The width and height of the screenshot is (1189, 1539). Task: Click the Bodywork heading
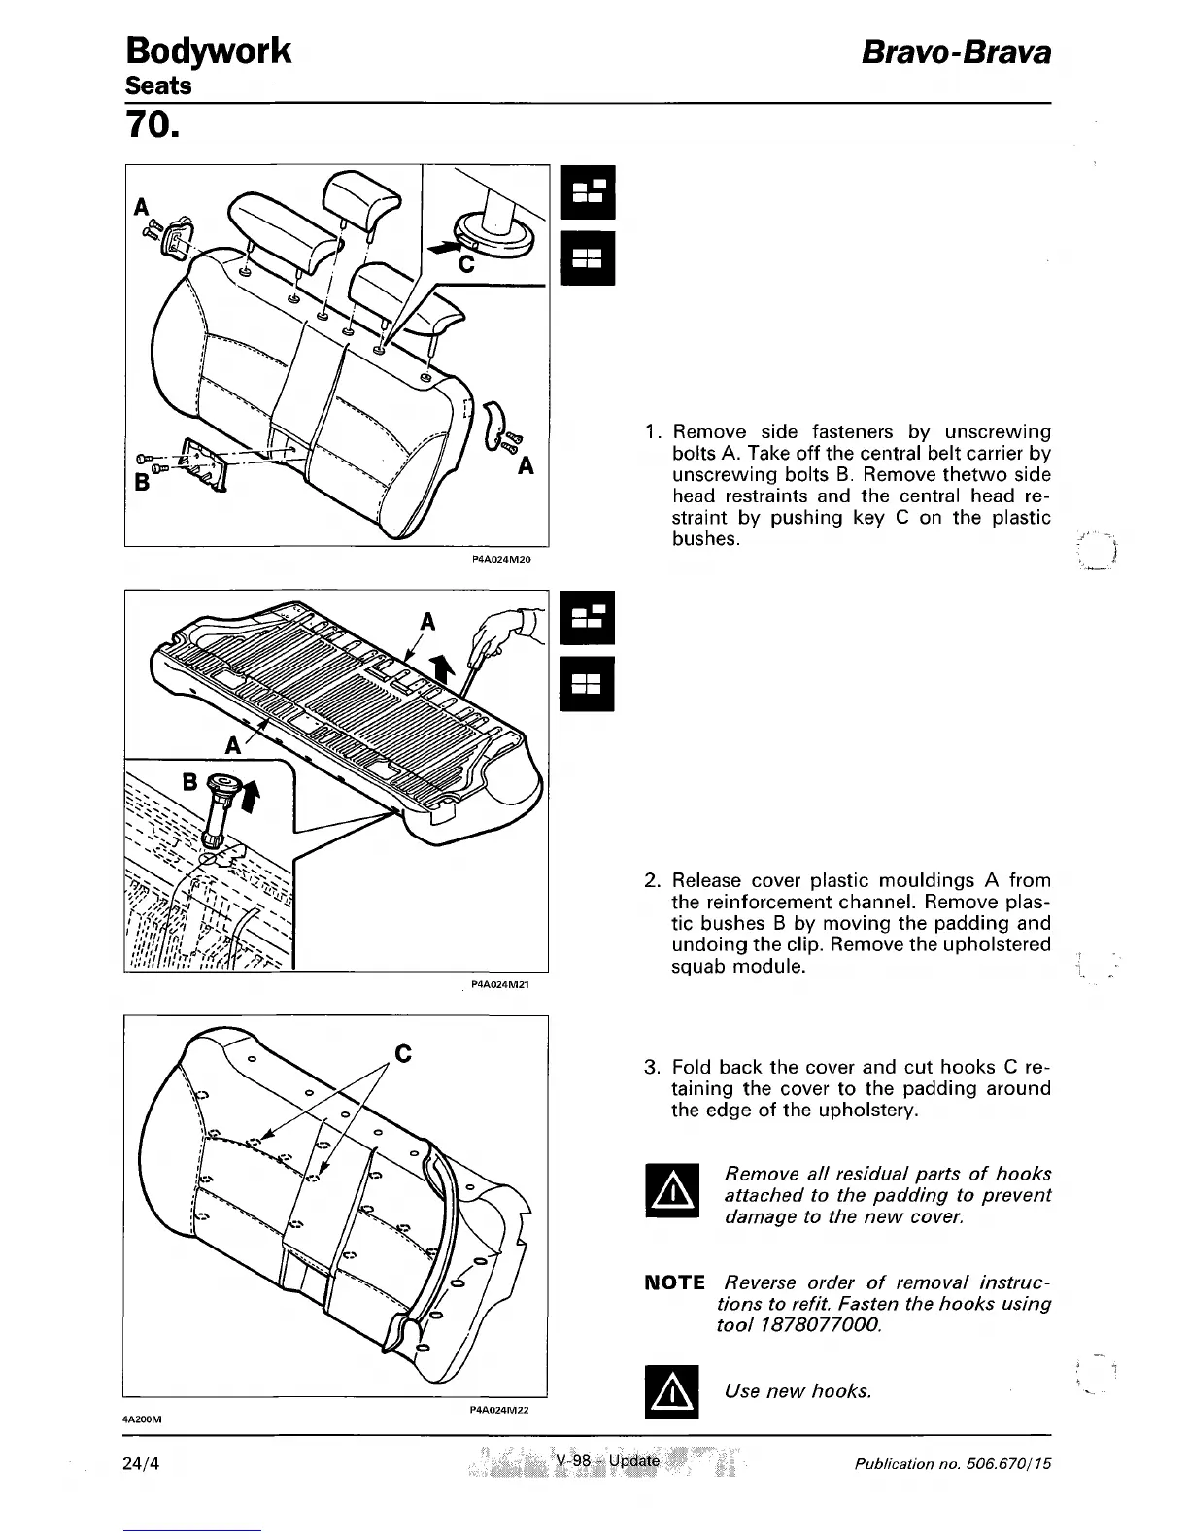[208, 51]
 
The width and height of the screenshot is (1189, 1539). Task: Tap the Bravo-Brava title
[957, 52]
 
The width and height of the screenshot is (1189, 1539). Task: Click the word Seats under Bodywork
[159, 85]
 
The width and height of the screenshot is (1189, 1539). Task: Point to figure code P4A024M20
[499, 560]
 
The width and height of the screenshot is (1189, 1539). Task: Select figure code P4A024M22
[497, 1409]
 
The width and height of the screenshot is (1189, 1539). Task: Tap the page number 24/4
[143, 1461]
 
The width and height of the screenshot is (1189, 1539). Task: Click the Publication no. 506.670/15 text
[953, 1462]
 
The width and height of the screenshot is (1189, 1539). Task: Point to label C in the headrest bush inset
[465, 264]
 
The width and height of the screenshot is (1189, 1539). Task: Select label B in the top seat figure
[141, 483]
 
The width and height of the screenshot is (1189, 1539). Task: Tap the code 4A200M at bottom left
[141, 1419]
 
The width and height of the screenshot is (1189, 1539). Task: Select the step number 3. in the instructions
[653, 1068]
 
